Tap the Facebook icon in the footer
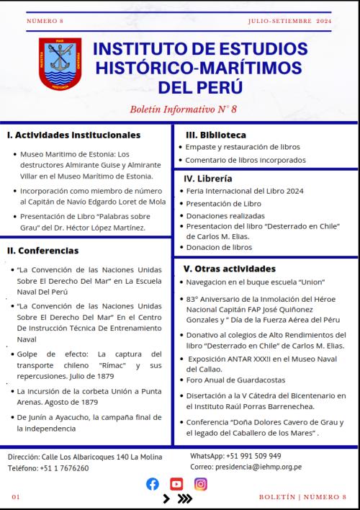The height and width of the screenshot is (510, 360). (153, 484)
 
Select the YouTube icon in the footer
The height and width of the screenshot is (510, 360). (176, 484)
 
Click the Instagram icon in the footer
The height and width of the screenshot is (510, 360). (201, 484)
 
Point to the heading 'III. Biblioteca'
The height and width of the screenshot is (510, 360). (216, 135)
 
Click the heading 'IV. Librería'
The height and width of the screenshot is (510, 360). (208, 178)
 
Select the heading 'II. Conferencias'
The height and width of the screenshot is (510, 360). (42, 251)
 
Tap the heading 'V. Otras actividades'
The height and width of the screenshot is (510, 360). (225, 268)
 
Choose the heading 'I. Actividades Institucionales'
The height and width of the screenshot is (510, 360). (73, 135)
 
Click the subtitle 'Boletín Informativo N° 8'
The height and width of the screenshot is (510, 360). (184, 109)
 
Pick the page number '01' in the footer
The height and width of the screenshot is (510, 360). (16, 497)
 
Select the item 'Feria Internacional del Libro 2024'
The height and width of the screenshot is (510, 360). (245, 191)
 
